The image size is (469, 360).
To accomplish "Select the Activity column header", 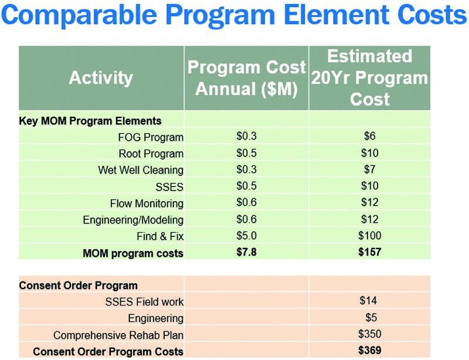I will [101, 77].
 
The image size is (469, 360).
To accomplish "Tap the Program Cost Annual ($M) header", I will [246, 77].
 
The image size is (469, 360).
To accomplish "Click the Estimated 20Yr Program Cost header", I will [369, 77].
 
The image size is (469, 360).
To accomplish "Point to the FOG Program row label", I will [151, 137].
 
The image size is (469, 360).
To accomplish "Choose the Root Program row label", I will [151, 154].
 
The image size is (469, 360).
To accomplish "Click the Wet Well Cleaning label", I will [141, 170].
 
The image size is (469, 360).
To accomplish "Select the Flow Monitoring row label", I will [147, 203].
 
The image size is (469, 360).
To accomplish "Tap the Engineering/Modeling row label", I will [133, 220].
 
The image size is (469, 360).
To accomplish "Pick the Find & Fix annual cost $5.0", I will [246, 236].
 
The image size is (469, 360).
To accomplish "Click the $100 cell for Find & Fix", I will [369, 236].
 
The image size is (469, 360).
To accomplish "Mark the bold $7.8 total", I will [246, 253].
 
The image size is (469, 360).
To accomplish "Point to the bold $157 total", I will [369, 253].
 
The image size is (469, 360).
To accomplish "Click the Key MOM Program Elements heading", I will [90, 121].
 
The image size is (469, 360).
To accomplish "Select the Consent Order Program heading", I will [79, 286].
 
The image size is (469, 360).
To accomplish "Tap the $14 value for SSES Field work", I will [368, 301].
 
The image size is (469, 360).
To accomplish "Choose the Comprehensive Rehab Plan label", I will [118, 335].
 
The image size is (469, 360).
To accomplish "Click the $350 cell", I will [369, 335].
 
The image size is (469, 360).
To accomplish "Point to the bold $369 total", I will [369, 351].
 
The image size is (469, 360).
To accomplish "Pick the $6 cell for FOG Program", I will [369, 137].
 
